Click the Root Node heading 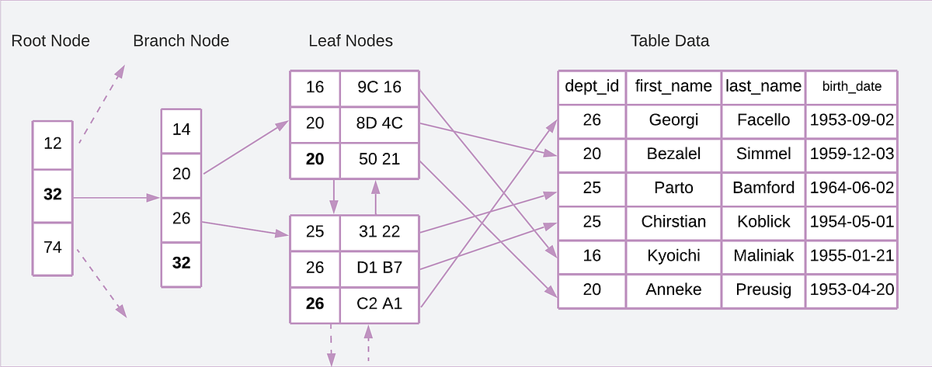50,41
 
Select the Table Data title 669,41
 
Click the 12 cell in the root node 53,144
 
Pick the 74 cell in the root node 53,248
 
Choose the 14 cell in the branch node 181,130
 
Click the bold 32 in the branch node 181,263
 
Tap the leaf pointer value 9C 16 379,88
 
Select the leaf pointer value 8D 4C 379,123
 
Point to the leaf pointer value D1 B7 379,268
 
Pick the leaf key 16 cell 315,88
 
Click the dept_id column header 592,86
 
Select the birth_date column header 852,86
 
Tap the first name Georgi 673,120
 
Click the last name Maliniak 763,255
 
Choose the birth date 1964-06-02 852,188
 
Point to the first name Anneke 673,289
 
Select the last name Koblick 763,222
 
